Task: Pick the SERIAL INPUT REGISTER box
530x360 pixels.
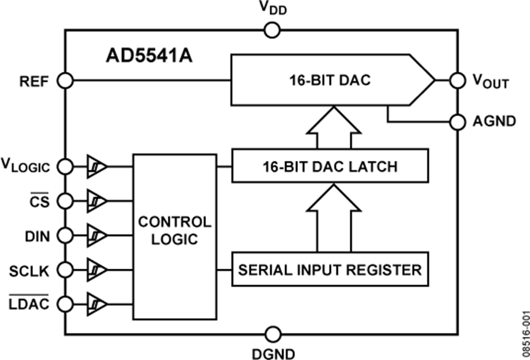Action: [330, 270]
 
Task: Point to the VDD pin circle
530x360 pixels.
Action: [271, 30]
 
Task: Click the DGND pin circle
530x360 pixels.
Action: [271, 334]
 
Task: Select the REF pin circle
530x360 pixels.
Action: [65, 80]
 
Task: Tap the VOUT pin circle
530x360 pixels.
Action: [457, 80]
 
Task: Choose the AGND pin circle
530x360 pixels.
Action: [457, 122]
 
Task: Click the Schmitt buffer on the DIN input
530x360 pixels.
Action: [97, 235]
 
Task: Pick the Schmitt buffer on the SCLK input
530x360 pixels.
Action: [97, 270]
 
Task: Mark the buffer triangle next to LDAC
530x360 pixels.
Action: [97, 304]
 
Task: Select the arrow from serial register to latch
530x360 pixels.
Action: [333, 218]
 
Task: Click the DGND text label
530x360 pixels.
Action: [271, 353]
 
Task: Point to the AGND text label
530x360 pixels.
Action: [493, 122]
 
